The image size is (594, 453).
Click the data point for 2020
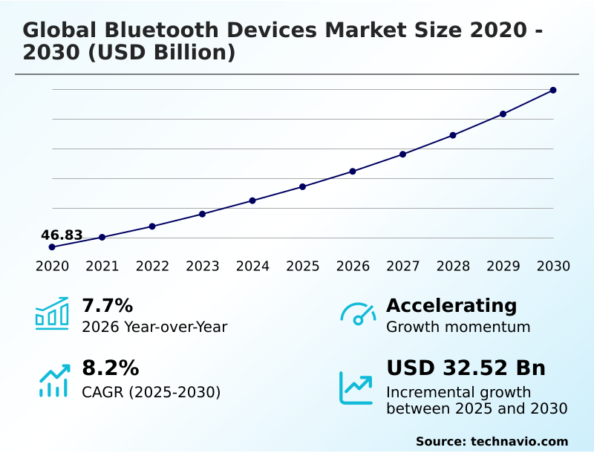pyautogui.click(x=52, y=247)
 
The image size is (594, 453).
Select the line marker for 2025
pyautogui.click(x=303, y=186)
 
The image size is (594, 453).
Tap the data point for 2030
pyautogui.click(x=553, y=90)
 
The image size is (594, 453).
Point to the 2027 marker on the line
pyautogui.click(x=402, y=154)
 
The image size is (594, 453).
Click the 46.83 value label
pyautogui.click(x=62, y=235)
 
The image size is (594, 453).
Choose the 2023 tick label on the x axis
pyautogui.click(x=202, y=266)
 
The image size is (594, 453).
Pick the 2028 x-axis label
pyautogui.click(x=453, y=266)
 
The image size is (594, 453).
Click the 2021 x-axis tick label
pyautogui.click(x=102, y=266)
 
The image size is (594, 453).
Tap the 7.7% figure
pyautogui.click(x=107, y=305)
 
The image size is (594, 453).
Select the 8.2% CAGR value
pyautogui.click(x=110, y=368)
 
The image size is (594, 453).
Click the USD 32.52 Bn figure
pyautogui.click(x=466, y=368)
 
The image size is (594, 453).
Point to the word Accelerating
pyautogui.click(x=451, y=305)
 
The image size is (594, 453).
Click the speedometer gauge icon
pyautogui.click(x=358, y=313)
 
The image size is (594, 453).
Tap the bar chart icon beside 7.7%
pyautogui.click(x=52, y=313)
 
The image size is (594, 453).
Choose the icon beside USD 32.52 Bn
pyautogui.click(x=356, y=387)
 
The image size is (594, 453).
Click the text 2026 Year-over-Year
pyautogui.click(x=154, y=327)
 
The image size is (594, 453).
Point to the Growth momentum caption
pyautogui.click(x=458, y=327)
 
